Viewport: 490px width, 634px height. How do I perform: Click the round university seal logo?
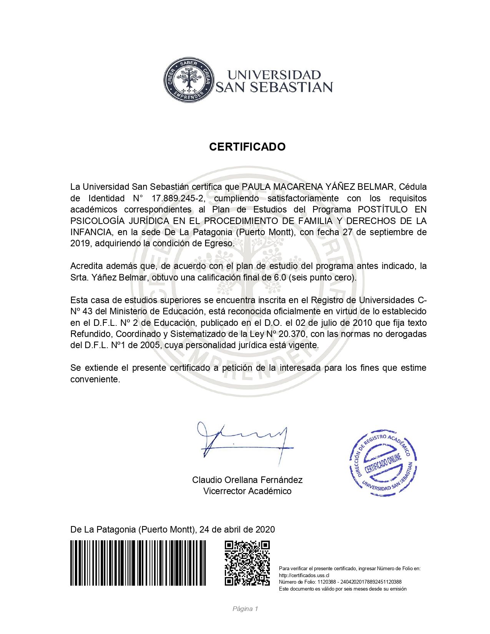click(188, 80)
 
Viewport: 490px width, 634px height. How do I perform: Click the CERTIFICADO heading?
click(247, 147)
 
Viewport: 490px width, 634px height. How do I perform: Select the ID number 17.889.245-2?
click(179, 198)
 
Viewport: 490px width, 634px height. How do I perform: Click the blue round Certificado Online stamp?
click(383, 463)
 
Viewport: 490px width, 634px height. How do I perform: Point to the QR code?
click(247, 563)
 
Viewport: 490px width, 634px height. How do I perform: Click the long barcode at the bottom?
click(138, 563)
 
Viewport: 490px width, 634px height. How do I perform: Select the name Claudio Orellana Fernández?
click(247, 480)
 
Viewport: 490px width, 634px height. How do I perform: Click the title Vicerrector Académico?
click(247, 491)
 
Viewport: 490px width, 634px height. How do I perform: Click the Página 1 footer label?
click(245, 609)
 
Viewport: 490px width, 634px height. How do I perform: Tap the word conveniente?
click(95, 379)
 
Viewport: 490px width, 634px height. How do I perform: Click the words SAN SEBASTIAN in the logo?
click(274, 87)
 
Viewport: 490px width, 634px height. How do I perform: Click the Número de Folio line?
click(340, 582)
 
